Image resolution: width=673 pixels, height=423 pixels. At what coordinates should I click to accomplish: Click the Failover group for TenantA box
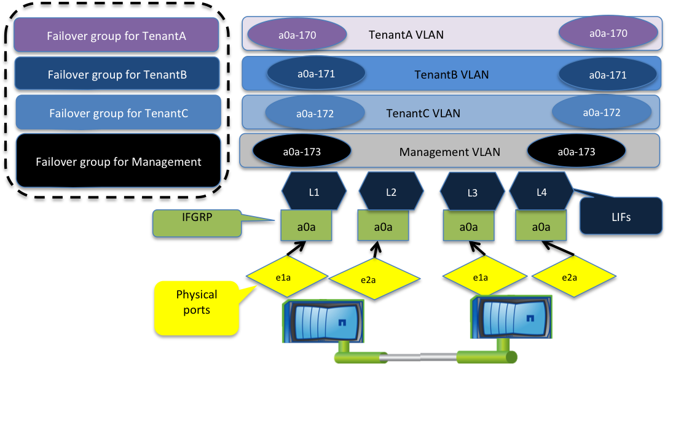pyautogui.click(x=116, y=36)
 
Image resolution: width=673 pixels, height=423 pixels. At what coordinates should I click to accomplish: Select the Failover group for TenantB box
pyautogui.click(x=117, y=75)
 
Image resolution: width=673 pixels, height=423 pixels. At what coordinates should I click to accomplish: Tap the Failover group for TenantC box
pyautogui.click(x=118, y=113)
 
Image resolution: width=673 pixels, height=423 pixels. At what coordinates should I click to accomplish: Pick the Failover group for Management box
pyautogui.click(x=118, y=161)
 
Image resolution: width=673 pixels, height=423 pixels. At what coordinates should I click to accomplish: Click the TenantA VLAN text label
pyautogui.click(x=406, y=34)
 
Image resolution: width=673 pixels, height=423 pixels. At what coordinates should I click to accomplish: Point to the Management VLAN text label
pyautogui.click(x=449, y=152)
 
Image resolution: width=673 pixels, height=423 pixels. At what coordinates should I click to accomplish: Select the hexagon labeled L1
pyautogui.click(x=314, y=192)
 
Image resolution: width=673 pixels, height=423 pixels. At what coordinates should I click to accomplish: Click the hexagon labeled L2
pyautogui.click(x=391, y=192)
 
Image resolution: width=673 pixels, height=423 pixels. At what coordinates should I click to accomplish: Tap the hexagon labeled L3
pyautogui.click(x=472, y=192)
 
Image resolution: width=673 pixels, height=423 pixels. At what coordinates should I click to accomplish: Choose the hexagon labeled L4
pyautogui.click(x=541, y=192)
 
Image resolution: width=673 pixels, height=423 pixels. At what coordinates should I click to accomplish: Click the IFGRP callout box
pyautogui.click(x=197, y=223)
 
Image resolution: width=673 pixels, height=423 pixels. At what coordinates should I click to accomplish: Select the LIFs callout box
pyautogui.click(x=621, y=216)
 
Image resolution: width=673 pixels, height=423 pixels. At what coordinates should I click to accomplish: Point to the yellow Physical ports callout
pyautogui.click(x=197, y=308)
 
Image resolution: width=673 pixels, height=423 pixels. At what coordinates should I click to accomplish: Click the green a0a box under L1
pyautogui.click(x=306, y=227)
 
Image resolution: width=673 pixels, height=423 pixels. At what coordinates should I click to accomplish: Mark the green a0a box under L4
pyautogui.click(x=541, y=227)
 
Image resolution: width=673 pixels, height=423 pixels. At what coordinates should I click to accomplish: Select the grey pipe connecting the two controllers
pyautogui.click(x=419, y=357)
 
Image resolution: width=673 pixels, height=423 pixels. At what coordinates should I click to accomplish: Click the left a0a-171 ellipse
pyautogui.click(x=316, y=74)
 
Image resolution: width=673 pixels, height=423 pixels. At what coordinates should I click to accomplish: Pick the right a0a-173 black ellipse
pyautogui.click(x=576, y=152)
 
